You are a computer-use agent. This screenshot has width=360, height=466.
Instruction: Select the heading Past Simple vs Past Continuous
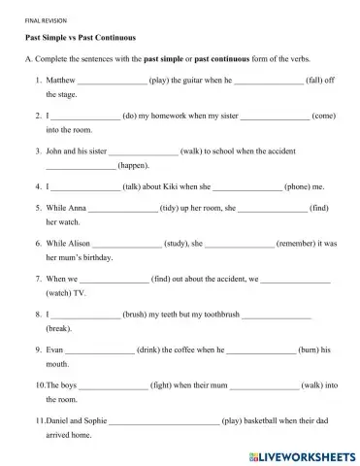tap(80, 37)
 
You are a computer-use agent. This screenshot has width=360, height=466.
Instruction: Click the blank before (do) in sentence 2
tap(85, 115)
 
